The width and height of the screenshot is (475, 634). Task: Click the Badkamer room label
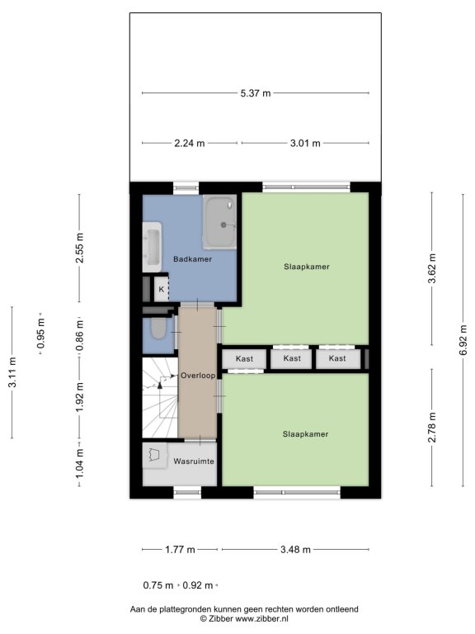192,259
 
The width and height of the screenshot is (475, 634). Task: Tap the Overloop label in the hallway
198,376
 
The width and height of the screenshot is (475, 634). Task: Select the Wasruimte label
194,461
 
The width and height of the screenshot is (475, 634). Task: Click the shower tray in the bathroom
219,222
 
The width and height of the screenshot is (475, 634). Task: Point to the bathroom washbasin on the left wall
153,247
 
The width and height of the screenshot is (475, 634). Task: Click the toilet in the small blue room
158,329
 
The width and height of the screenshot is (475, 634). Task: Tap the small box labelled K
162,289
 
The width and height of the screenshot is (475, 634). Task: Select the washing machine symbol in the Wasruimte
155,456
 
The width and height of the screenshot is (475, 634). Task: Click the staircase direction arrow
160,383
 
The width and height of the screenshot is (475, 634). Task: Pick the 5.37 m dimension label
256,93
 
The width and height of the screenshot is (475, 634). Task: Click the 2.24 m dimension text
190,143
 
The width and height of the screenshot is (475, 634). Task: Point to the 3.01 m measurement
305,143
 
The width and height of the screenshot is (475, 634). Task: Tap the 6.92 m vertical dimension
463,340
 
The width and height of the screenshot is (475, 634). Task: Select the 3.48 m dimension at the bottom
296,550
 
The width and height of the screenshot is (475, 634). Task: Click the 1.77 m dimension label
180,550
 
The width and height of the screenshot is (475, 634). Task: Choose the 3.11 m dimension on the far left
12,372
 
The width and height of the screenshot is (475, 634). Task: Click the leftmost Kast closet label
244,358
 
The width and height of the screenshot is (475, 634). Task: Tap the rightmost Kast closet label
337,358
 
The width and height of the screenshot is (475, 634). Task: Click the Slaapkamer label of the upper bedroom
307,267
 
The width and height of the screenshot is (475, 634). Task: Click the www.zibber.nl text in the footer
261,618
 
